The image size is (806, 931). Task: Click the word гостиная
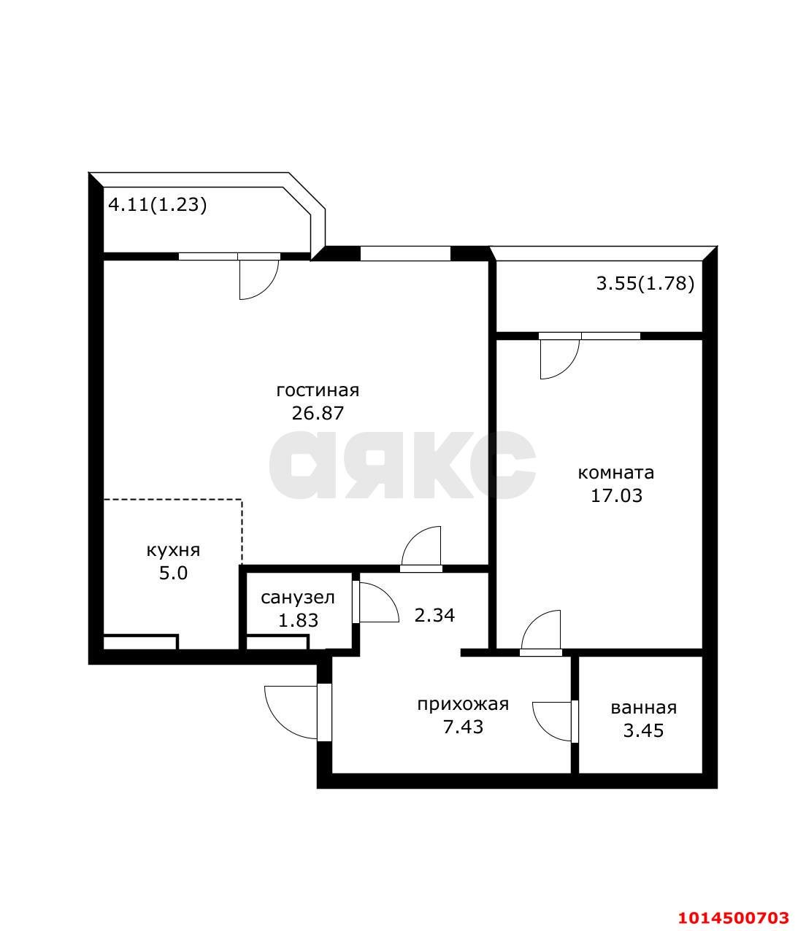point(318,390)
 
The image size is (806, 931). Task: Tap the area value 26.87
point(318,413)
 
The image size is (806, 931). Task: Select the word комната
point(615,473)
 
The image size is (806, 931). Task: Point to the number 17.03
point(615,496)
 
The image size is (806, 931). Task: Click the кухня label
point(174,550)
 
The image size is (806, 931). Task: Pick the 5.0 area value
point(174,573)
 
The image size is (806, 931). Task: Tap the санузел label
point(298,598)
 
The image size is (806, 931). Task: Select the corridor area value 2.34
point(434,616)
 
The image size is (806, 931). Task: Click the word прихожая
point(463,704)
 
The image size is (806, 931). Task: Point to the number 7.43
point(463,727)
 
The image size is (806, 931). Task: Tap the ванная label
point(643,708)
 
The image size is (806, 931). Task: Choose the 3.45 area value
point(643,730)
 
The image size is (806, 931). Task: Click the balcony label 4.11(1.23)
point(158,205)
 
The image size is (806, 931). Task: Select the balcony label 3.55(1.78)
point(645,284)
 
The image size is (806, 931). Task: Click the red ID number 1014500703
point(734,917)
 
